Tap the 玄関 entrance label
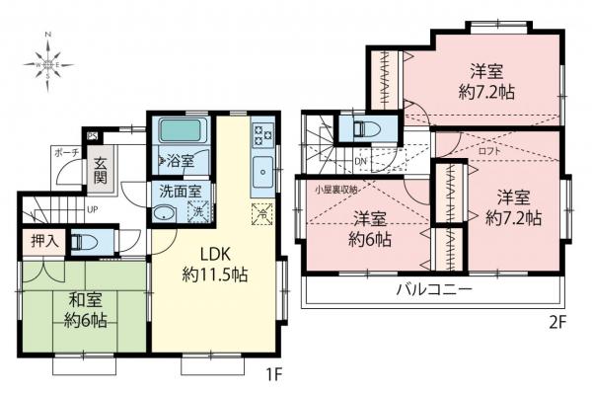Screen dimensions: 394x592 100,171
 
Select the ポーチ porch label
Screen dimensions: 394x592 65,153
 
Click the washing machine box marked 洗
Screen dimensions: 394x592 197,213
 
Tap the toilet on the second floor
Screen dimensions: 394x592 360,128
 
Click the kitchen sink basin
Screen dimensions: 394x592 262,168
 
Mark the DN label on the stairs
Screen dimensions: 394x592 361,161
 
